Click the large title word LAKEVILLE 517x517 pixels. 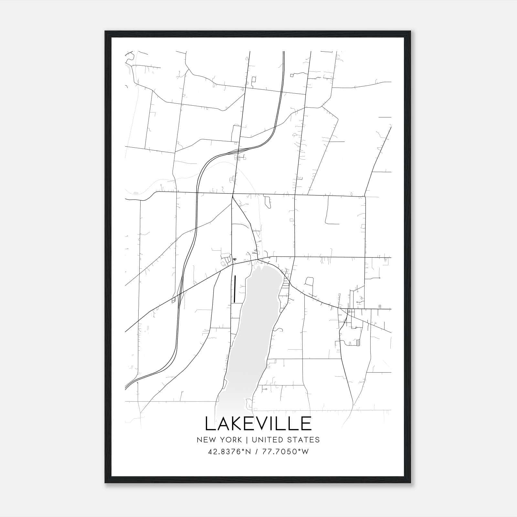pos(258,424)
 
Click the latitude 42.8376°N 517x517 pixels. pos(229,452)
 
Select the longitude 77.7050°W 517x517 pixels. pos(286,452)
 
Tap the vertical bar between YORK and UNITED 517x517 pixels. pos(247,440)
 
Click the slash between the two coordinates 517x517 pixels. pos(256,452)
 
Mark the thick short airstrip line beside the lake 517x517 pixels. pos(235,289)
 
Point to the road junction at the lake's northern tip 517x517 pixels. pos(258,259)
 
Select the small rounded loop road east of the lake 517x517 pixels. pos(309,282)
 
